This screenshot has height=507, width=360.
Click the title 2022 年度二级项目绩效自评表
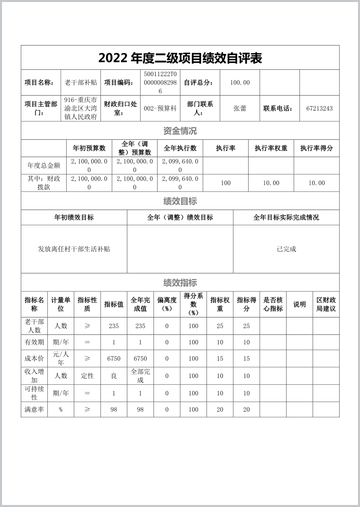tap(180, 58)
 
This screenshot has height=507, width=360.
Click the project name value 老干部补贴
tap(81, 83)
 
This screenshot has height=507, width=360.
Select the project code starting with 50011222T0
tap(160, 83)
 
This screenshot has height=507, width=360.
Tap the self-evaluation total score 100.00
tap(240, 83)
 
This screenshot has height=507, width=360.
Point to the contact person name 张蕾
tap(240, 108)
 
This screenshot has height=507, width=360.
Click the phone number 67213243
tap(319, 108)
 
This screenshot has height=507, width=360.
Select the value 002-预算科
tap(160, 108)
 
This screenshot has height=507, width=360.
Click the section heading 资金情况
tap(180, 131)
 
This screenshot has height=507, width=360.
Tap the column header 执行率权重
tap(271, 148)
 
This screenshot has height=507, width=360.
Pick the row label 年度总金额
tap(44, 165)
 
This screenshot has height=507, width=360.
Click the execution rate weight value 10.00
tap(271, 183)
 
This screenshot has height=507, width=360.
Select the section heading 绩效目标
tap(180, 201)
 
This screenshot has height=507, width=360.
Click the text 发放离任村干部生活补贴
tap(74, 249)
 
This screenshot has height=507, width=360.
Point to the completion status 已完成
tap(286, 249)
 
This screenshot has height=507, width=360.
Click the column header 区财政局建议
tap(326, 304)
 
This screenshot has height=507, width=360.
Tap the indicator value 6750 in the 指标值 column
tap(114, 359)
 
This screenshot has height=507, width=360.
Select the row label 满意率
tap(34, 410)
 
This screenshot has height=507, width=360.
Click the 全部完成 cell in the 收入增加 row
tap(140, 376)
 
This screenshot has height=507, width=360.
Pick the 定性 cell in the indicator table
tap(87, 376)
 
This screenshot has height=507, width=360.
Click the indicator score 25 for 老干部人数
tap(247, 326)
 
